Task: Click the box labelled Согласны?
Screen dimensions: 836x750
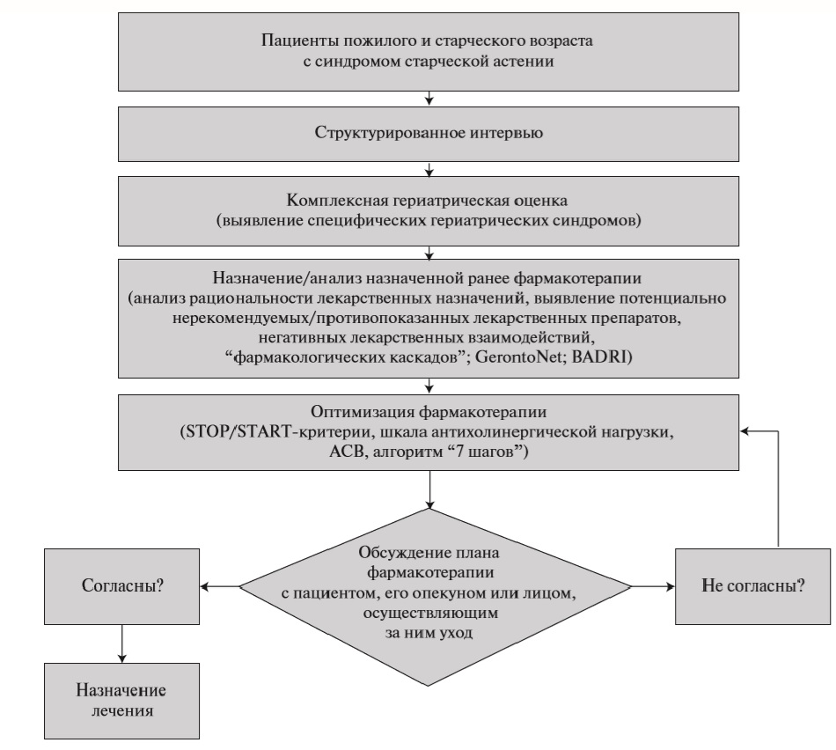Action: [x=122, y=587]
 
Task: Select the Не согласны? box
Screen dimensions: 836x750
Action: [x=752, y=587]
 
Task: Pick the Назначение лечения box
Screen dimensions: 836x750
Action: [x=122, y=701]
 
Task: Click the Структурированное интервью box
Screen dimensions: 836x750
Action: [x=429, y=134]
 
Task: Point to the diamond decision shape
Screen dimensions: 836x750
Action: [x=435, y=598]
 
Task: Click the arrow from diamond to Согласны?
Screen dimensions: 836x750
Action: [x=220, y=587]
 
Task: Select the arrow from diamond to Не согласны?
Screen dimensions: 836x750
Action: [x=653, y=587]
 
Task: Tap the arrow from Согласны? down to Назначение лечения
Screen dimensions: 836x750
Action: [x=122, y=643]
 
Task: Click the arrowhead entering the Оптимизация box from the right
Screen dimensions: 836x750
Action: [x=744, y=431]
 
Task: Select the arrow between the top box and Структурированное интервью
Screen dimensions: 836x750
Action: [x=429, y=99]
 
